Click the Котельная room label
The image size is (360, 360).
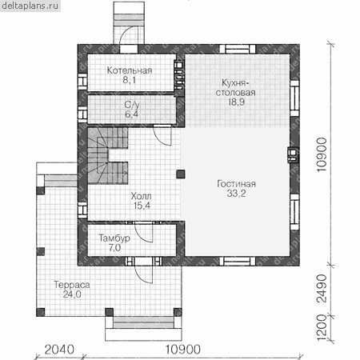[x=130, y=70]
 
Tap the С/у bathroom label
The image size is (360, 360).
[x=132, y=105]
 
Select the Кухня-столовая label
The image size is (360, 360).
[x=236, y=88]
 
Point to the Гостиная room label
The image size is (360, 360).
[x=236, y=184]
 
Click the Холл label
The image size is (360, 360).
[x=141, y=196]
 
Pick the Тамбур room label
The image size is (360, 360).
[x=114, y=238]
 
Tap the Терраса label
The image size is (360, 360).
[x=72, y=285]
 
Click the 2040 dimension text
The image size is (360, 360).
[x=59, y=350]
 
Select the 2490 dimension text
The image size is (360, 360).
[x=322, y=289]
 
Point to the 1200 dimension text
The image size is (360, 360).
[x=322, y=328]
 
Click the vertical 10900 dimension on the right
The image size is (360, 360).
[x=322, y=154]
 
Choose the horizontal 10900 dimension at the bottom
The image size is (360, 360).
[x=183, y=350]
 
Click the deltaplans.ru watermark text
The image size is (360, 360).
[x=30, y=6]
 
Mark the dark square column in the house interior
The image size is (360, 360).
[x=181, y=174]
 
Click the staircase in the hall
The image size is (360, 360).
[x=108, y=156]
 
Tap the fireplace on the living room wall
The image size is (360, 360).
[x=293, y=155]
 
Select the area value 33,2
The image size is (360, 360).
[x=236, y=194]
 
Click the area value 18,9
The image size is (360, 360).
[x=236, y=102]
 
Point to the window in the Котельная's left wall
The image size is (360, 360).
[x=82, y=82]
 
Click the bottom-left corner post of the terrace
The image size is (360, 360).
[x=41, y=312]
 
